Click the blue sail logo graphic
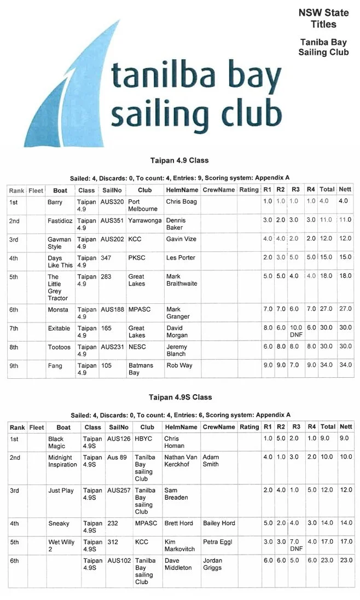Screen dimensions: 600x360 tap(66, 99)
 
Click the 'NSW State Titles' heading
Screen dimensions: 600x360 tap(323, 19)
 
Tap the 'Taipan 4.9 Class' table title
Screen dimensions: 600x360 tap(179, 161)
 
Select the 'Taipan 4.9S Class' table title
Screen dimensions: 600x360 tap(180, 397)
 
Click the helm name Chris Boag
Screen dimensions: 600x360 tap(181, 201)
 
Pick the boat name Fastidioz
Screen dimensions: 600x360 tap(59, 220)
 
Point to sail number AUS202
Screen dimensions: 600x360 tap(112, 239)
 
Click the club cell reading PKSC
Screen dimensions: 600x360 tap(136, 258)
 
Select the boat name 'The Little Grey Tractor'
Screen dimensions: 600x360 tap(57, 287)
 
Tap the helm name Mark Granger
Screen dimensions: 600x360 tap(178, 313)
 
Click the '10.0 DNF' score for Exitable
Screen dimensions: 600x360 tap(295, 332)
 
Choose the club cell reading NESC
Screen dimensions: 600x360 tap(137, 347)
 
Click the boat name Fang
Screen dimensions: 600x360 tap(55, 366)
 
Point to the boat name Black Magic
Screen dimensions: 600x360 tap(56, 442)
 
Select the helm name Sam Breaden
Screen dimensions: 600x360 tap(176, 494)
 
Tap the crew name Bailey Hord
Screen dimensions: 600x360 tap(219, 523)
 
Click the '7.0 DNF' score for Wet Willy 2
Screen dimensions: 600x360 tap(296, 545)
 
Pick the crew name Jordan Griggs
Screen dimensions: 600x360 tap(213, 564)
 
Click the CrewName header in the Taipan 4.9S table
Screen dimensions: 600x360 tap(218, 427)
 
